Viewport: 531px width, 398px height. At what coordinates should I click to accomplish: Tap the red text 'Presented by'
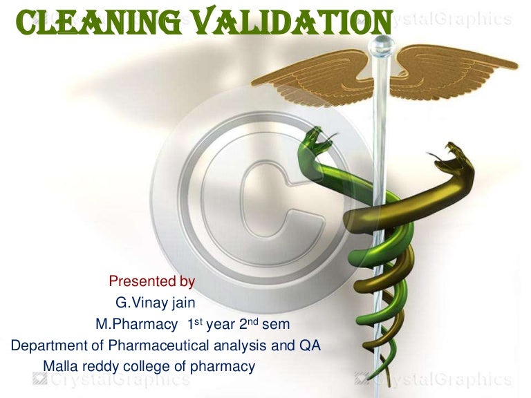tap(151, 281)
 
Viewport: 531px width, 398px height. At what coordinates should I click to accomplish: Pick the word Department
tap(46, 345)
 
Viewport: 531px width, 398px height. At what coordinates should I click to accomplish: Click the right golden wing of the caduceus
tap(449, 69)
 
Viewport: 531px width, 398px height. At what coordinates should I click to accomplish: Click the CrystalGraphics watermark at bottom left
tap(111, 379)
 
